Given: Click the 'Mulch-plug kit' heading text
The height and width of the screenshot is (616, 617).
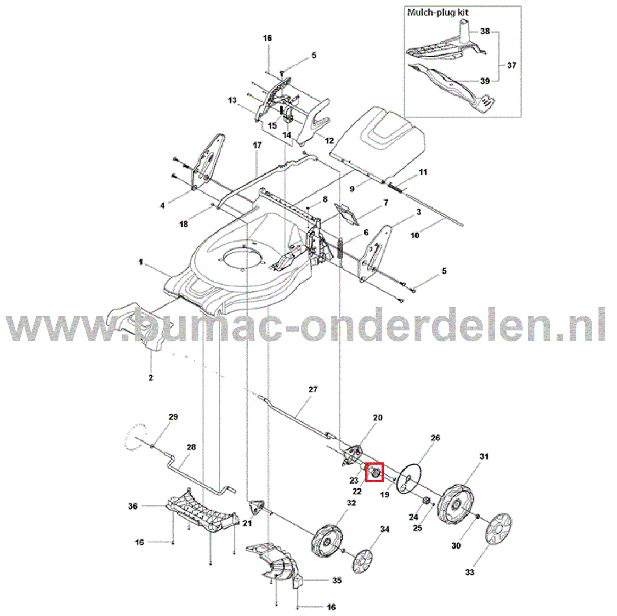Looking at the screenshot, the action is click(x=437, y=13).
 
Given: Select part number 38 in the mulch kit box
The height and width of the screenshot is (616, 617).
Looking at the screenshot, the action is click(x=485, y=31).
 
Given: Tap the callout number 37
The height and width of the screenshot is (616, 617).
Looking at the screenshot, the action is click(x=512, y=65).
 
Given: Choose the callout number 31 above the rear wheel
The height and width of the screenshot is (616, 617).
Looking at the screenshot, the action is click(x=484, y=457).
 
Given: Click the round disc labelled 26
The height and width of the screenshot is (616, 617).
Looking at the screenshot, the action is click(x=410, y=478).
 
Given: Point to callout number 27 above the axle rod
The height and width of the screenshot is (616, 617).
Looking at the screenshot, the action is click(x=313, y=389).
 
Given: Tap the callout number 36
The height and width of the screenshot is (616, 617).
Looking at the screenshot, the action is click(x=132, y=506).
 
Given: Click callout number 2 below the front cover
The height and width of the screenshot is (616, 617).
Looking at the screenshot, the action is click(x=151, y=378).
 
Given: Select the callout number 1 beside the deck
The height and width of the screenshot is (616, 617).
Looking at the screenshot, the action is click(x=140, y=262).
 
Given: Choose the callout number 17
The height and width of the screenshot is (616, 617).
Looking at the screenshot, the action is click(x=257, y=145).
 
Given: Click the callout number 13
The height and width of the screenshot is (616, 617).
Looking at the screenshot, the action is click(x=232, y=100).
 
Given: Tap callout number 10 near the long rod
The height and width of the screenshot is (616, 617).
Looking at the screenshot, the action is click(x=415, y=235).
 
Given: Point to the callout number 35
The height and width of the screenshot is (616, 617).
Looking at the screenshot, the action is click(x=337, y=580).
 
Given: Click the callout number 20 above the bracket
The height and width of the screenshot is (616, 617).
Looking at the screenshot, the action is click(x=378, y=418).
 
